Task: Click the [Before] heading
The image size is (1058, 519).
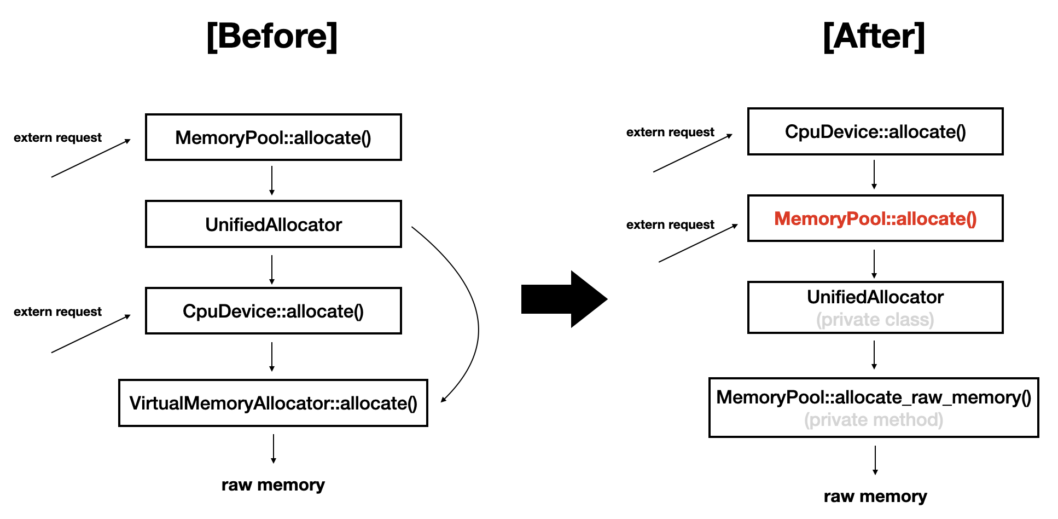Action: (272, 37)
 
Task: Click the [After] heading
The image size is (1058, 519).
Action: (874, 37)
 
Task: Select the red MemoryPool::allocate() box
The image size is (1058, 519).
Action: (875, 218)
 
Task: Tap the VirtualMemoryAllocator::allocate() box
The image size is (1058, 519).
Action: (273, 403)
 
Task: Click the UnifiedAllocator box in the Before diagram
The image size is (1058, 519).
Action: (273, 224)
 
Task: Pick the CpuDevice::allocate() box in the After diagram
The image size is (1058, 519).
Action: (875, 131)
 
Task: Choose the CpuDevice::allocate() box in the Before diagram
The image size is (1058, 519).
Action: (273, 311)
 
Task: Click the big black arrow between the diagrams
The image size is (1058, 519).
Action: (563, 299)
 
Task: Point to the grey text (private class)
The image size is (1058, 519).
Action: (875, 319)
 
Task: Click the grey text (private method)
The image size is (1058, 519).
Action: (874, 420)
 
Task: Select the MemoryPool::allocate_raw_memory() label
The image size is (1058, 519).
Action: (874, 397)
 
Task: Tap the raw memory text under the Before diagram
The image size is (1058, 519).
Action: (273, 485)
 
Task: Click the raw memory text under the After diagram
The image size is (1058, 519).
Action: (875, 496)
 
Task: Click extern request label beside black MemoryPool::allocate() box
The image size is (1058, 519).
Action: (57, 137)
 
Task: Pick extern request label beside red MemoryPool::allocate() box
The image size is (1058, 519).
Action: (670, 224)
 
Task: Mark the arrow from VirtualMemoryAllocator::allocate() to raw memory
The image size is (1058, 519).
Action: (274, 449)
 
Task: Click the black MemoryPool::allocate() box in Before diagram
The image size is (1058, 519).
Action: (273, 137)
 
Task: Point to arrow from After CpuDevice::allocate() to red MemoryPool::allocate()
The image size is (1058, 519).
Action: (874, 175)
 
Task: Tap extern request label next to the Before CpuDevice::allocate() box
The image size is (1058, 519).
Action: (57, 312)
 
